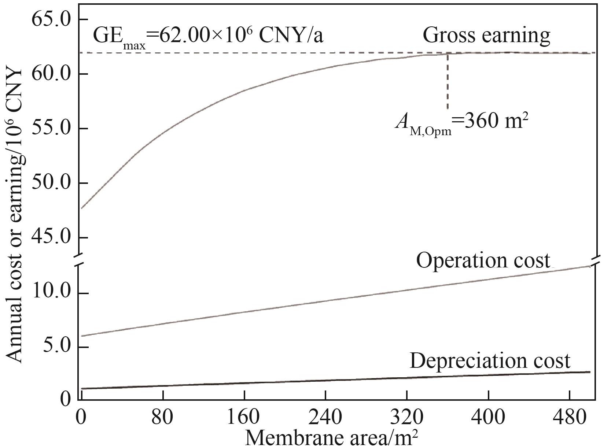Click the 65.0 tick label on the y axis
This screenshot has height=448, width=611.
[x=51, y=19]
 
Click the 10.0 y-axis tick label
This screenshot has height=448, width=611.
[x=51, y=293]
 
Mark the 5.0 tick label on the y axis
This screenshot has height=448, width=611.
[x=56, y=347]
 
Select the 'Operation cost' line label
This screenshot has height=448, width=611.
[x=483, y=260]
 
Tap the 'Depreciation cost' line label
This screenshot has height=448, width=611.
[x=490, y=361]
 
